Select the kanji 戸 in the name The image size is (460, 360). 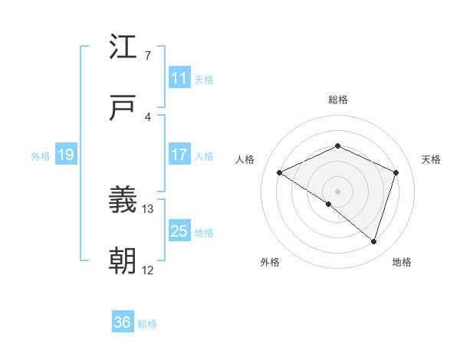coord(123,110)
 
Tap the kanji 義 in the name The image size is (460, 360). coord(123,201)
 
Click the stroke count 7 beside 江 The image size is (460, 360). coord(147,55)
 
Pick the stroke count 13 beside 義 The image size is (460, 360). coord(148,208)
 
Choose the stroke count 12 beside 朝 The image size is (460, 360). coord(147,270)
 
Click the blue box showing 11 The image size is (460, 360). coord(179,78)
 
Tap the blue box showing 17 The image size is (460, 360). coord(179,155)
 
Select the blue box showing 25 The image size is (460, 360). coord(179,231)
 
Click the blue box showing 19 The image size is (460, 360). coord(65,155)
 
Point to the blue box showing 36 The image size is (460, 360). coord(123,322)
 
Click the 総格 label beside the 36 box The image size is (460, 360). coord(147,324)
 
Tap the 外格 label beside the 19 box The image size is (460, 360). coord(41,156)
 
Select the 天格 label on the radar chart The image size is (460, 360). coord(431,159)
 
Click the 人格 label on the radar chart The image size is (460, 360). coord(245,159)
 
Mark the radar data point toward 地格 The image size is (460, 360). coord(373,242)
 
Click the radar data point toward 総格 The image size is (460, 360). coord(337,146)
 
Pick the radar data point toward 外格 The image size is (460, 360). coord(329,204)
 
